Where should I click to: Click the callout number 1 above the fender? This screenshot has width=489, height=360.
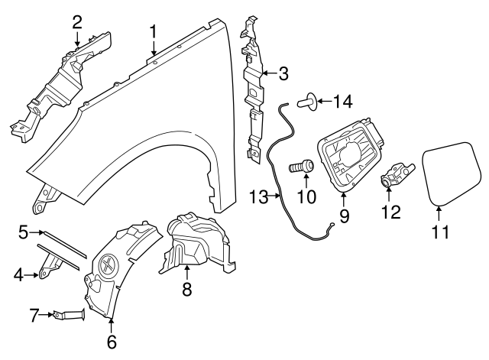coord(154,31)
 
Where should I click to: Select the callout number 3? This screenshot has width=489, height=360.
coord(283,74)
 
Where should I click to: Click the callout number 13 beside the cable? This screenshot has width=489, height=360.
coord(258,197)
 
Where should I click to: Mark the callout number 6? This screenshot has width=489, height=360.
coord(112,342)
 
